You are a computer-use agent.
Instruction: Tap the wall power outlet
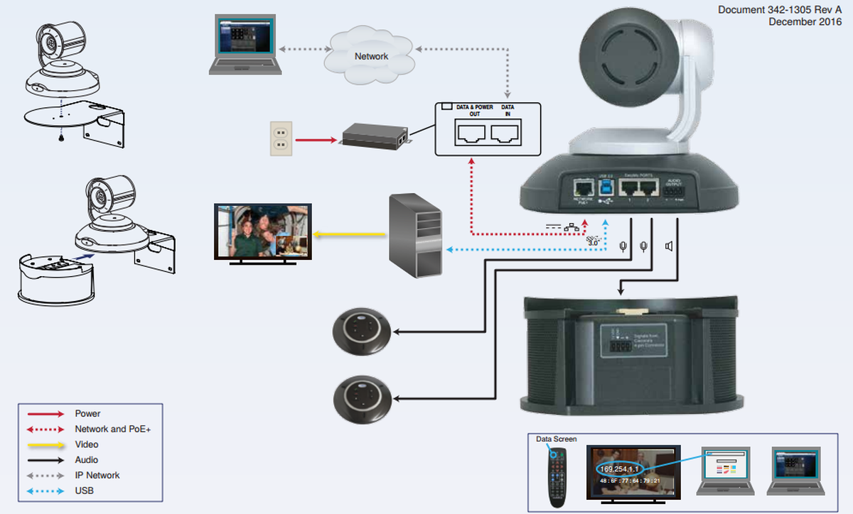(281, 138)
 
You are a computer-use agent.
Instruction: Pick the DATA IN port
(507, 133)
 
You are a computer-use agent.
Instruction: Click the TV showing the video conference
(263, 232)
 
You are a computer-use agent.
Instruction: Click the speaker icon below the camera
(669, 246)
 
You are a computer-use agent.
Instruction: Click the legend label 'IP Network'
(97, 475)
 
